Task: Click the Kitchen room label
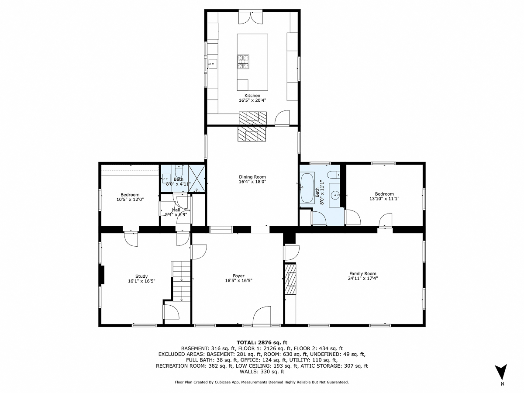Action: [x=252, y=96]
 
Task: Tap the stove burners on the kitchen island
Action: [x=243, y=62]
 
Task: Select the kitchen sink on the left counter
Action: [x=212, y=64]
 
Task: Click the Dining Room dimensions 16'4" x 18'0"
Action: [x=252, y=182]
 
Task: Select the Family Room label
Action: [x=362, y=274]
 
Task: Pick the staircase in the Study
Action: [x=180, y=281]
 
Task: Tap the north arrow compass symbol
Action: [x=502, y=372]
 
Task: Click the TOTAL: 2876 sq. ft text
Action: [x=262, y=342]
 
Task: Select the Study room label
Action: [x=141, y=276]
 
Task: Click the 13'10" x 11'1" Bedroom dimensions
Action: [x=384, y=199]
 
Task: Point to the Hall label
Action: [x=176, y=210]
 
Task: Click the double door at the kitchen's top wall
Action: [x=251, y=17]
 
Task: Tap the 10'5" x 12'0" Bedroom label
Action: [x=130, y=195]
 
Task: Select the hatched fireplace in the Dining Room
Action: [x=252, y=134]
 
